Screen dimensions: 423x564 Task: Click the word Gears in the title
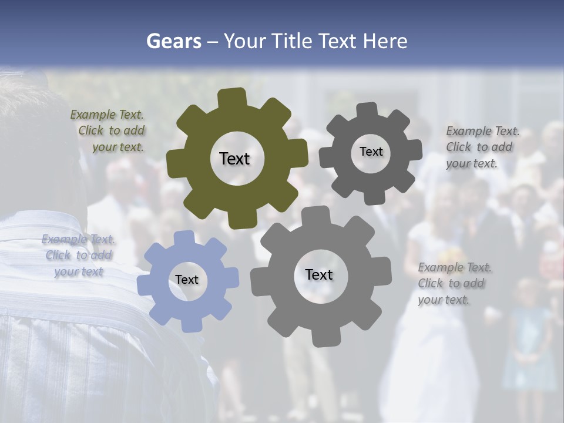[174, 41]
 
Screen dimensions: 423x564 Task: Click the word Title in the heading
[292, 41]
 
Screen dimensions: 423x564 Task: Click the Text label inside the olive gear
[234, 159]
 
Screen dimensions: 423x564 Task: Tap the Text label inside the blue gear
[187, 280]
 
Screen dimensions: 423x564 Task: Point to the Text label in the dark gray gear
[371, 152]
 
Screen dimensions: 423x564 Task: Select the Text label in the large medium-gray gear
[319, 274]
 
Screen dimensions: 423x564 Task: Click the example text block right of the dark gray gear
[482, 147]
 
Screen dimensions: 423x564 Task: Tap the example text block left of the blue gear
[78, 256]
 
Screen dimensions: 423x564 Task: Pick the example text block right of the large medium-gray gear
[454, 283]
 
